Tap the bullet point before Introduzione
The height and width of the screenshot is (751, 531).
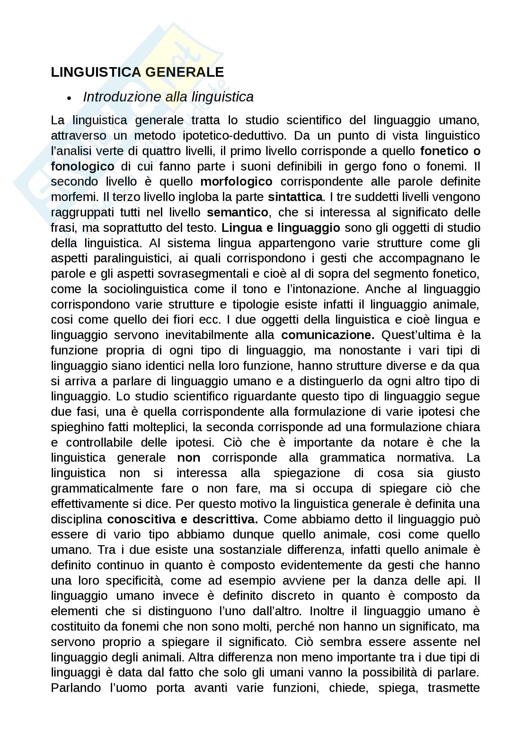(69, 98)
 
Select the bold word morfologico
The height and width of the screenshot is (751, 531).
(236, 181)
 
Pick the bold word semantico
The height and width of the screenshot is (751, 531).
(237, 212)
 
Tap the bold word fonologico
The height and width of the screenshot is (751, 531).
(83, 166)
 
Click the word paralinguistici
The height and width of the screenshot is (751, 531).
(132, 258)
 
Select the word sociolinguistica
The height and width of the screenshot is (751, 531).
(146, 289)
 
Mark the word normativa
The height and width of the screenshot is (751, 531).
(425, 458)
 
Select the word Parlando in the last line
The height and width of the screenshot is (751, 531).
(75, 687)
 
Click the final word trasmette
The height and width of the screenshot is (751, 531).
(454, 687)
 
